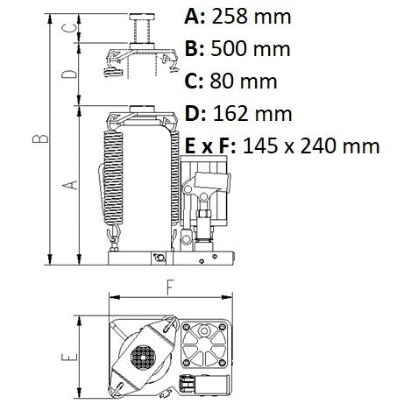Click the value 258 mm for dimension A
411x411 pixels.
pos(252,17)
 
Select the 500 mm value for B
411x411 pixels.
pos(251,49)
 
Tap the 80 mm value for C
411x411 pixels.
pos(244,81)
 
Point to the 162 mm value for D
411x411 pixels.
pos(252,113)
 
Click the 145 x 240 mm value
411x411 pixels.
pos(311,145)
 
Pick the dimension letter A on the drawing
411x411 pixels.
pos(71,185)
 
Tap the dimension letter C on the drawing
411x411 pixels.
pos(70,28)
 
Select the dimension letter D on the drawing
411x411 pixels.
pos(70,74)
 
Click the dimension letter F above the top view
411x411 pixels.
pos(170,287)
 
